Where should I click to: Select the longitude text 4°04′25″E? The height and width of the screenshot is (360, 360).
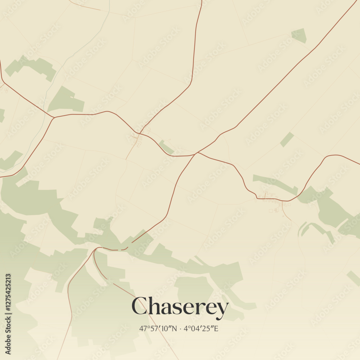pyautogui.click(x=201, y=328)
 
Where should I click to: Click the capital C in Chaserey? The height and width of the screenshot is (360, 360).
pyautogui.click(x=139, y=306)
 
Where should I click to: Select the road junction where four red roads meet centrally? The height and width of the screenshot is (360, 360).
pyautogui.click(x=196, y=154)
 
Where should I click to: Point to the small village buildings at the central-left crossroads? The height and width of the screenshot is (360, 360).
pyautogui.click(x=136, y=139)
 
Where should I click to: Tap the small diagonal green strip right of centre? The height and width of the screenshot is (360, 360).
pyautogui.click(x=287, y=140)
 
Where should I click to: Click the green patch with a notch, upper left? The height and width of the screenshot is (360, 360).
pyautogui.click(x=65, y=100)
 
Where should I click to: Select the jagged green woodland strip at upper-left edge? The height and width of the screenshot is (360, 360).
pyautogui.click(x=31, y=67)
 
